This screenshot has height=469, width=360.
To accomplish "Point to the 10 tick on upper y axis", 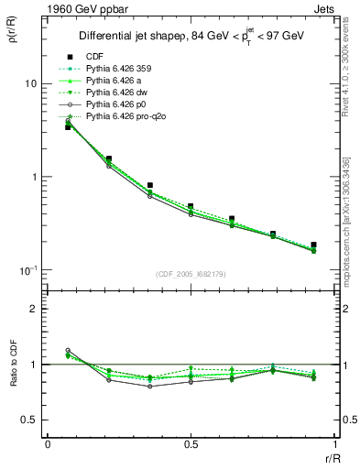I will pos(30,83).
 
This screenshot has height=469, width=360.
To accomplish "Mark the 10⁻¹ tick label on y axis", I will pos(27,271).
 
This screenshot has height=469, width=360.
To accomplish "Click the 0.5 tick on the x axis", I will pos(191,444).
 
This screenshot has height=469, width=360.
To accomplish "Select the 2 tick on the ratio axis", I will pos(34,309).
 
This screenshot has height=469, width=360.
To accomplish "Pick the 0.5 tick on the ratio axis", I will pos(29,420).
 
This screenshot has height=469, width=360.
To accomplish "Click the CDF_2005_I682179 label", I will pos(191,274).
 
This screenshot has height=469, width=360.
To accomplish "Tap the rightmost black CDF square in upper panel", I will pos(314,245).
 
